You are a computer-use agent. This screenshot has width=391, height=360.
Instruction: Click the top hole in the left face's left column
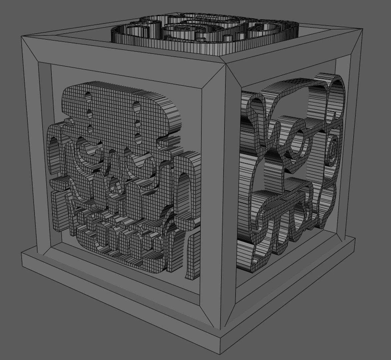[88, 97]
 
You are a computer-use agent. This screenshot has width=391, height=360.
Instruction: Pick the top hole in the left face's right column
[136, 106]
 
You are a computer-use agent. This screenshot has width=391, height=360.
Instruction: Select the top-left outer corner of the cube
[21, 37]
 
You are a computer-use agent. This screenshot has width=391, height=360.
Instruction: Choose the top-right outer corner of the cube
[363, 29]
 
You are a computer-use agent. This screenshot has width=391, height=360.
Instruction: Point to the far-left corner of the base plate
[22, 252]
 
